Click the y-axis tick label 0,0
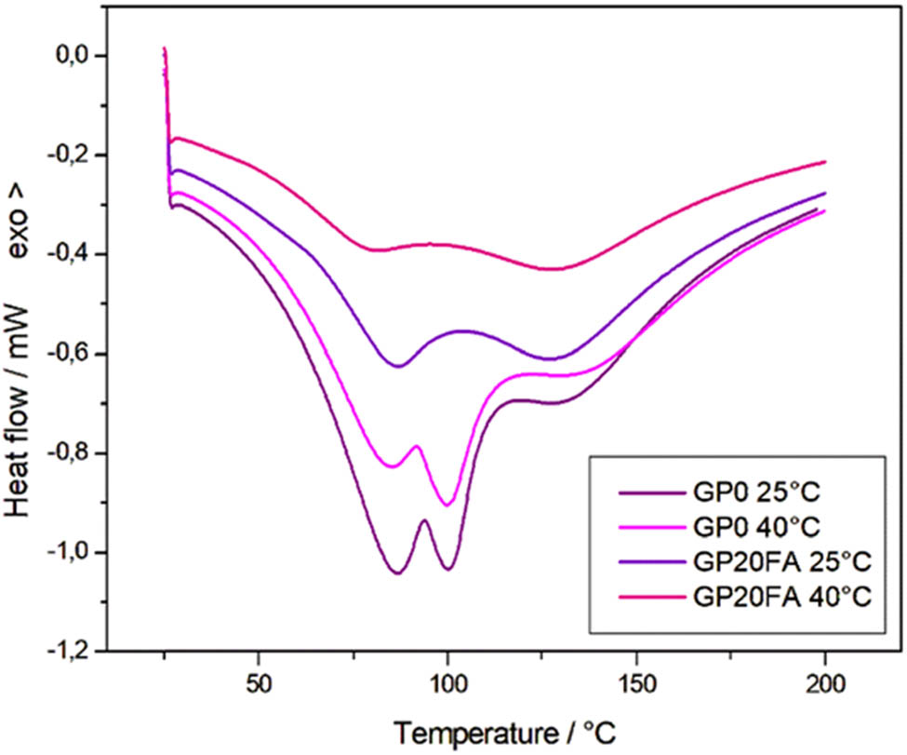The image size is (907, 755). click(73, 56)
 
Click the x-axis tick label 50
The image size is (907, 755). click(259, 683)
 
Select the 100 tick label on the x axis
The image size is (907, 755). click(447, 683)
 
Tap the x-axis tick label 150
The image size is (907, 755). click(636, 683)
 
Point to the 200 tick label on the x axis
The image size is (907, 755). click(825, 683)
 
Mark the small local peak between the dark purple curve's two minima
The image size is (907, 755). click(424, 520)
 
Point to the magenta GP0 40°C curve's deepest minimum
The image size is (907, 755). click(447, 505)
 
